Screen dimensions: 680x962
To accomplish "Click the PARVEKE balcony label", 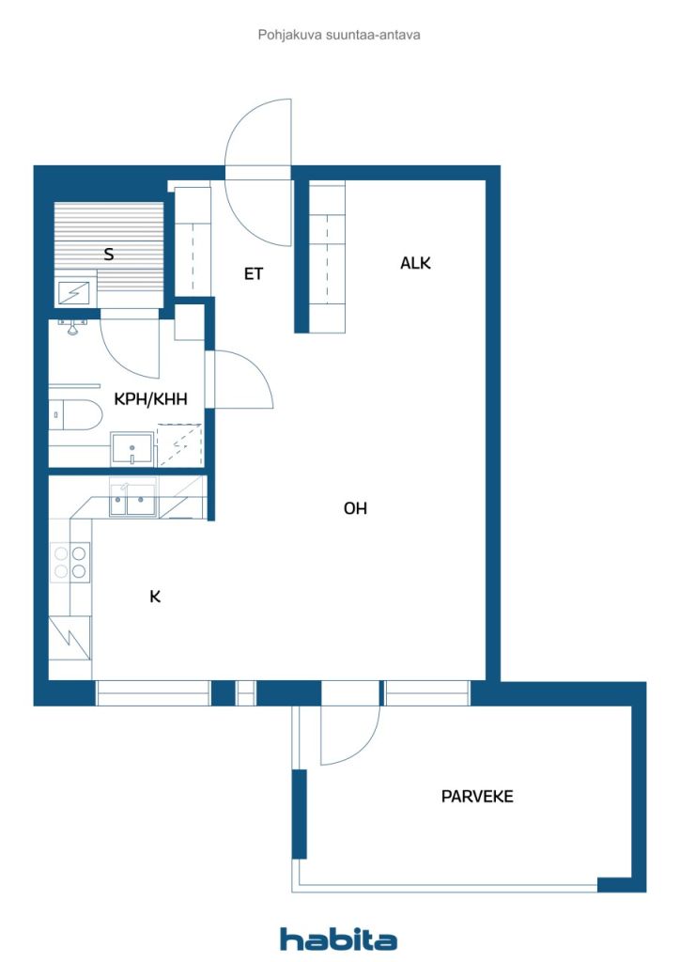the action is pos(477,797).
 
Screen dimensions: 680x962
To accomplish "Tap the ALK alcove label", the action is pos(416,263).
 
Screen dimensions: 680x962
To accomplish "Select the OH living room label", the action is pos(356,508).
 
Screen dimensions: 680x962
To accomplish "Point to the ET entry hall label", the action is pos(254,273).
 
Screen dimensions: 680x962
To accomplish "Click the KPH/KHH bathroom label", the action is pos(151,398).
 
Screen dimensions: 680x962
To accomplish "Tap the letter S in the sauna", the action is pos(109,254).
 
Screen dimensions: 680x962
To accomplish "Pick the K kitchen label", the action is pos(155,597).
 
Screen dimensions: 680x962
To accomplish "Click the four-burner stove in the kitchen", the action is pos(70,562).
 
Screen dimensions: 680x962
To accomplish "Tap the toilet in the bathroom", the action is pos(74,415).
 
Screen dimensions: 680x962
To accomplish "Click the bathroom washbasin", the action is pos(131,449).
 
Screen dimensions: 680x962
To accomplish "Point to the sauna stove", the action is pos(75,293).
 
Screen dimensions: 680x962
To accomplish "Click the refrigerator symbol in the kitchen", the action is pos(70,638).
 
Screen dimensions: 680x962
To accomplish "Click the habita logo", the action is pos(338,939).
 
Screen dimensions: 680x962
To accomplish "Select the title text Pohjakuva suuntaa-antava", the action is pos(339,35).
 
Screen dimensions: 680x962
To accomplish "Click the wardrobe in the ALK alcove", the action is pos(327,256).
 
